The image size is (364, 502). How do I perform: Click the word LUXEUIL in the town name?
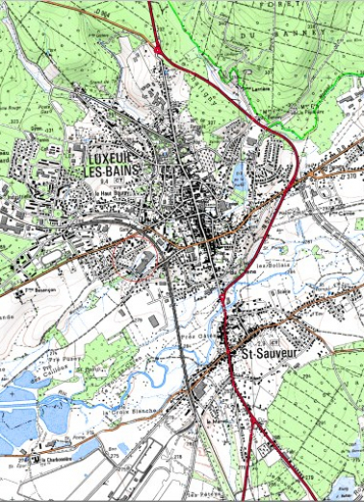point(109,157)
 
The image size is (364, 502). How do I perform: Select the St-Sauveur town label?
point(266,354)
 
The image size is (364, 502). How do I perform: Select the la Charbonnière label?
point(59,460)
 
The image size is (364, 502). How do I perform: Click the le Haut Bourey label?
point(113,192)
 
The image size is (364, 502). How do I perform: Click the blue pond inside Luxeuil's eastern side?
point(238,174)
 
